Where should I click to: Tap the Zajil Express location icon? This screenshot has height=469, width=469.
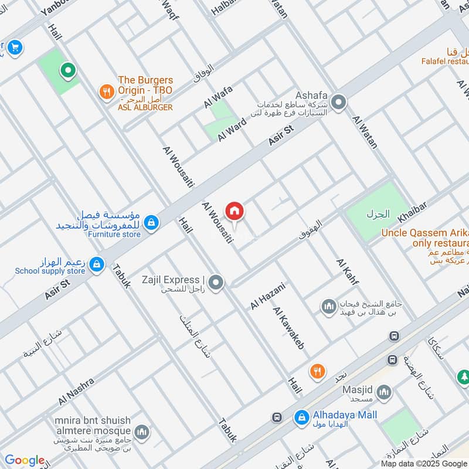tap(216, 283)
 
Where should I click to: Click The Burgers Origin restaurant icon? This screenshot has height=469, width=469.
tap(106, 91)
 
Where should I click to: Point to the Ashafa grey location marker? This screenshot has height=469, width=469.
tap(338, 103)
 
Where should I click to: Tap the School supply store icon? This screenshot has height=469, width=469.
tap(95, 265)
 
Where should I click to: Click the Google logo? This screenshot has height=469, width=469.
tap(25, 460)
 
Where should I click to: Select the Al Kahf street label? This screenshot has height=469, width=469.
tap(347, 271)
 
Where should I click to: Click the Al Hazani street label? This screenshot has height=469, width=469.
tap(267, 296)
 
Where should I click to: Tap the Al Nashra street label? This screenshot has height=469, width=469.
tap(76, 391)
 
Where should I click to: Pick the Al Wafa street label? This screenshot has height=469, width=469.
tap(218, 97)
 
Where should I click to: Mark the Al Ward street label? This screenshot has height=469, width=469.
tap(232, 129)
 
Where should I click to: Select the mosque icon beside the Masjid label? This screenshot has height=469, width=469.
tap(385, 391)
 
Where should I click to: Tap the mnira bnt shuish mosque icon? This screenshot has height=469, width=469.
tap(141, 433)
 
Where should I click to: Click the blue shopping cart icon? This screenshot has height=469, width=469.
tap(15, 47)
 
